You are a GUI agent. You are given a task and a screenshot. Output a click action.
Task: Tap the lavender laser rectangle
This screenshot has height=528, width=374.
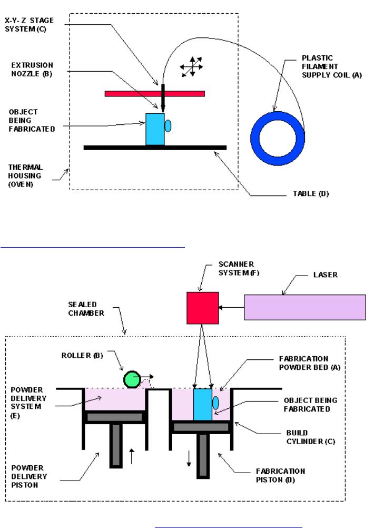pyautogui.click(x=305, y=307)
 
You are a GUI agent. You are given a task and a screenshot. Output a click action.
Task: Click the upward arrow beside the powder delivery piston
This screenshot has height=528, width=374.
pyautogui.click(x=131, y=455)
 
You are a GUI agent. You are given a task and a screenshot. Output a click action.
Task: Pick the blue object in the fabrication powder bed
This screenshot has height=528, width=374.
pyautogui.click(x=202, y=404)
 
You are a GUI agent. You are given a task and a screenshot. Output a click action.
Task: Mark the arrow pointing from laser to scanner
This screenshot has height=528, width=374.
pyautogui.click(x=231, y=307)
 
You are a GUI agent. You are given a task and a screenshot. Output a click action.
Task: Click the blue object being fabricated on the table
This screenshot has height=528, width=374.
pyautogui.click(x=155, y=129)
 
